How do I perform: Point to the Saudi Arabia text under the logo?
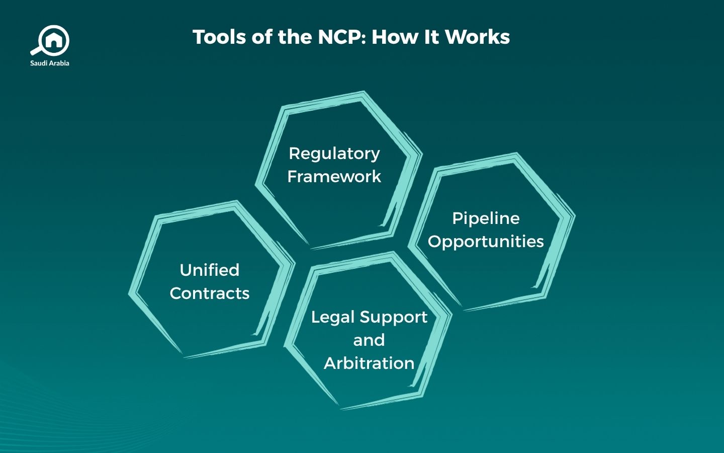[x=50, y=63]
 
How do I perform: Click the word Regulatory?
[x=334, y=153]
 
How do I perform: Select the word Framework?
[x=334, y=177]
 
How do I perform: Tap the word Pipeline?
[x=486, y=218]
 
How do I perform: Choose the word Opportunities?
[x=486, y=241]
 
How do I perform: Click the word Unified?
[x=210, y=270]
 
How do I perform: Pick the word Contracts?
[x=210, y=293]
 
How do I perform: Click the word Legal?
[x=333, y=317]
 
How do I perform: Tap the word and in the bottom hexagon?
[x=369, y=340]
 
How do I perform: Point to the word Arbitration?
[x=369, y=363]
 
